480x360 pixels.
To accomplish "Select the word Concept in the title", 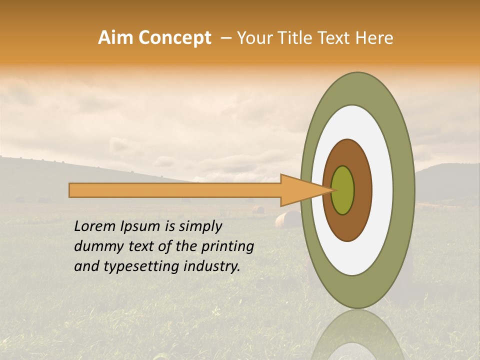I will [174, 38].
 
